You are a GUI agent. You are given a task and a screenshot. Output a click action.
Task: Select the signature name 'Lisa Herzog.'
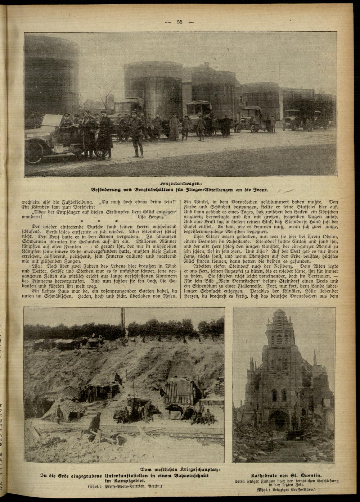153,217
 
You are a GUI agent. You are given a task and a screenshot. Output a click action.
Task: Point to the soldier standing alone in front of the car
137,140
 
